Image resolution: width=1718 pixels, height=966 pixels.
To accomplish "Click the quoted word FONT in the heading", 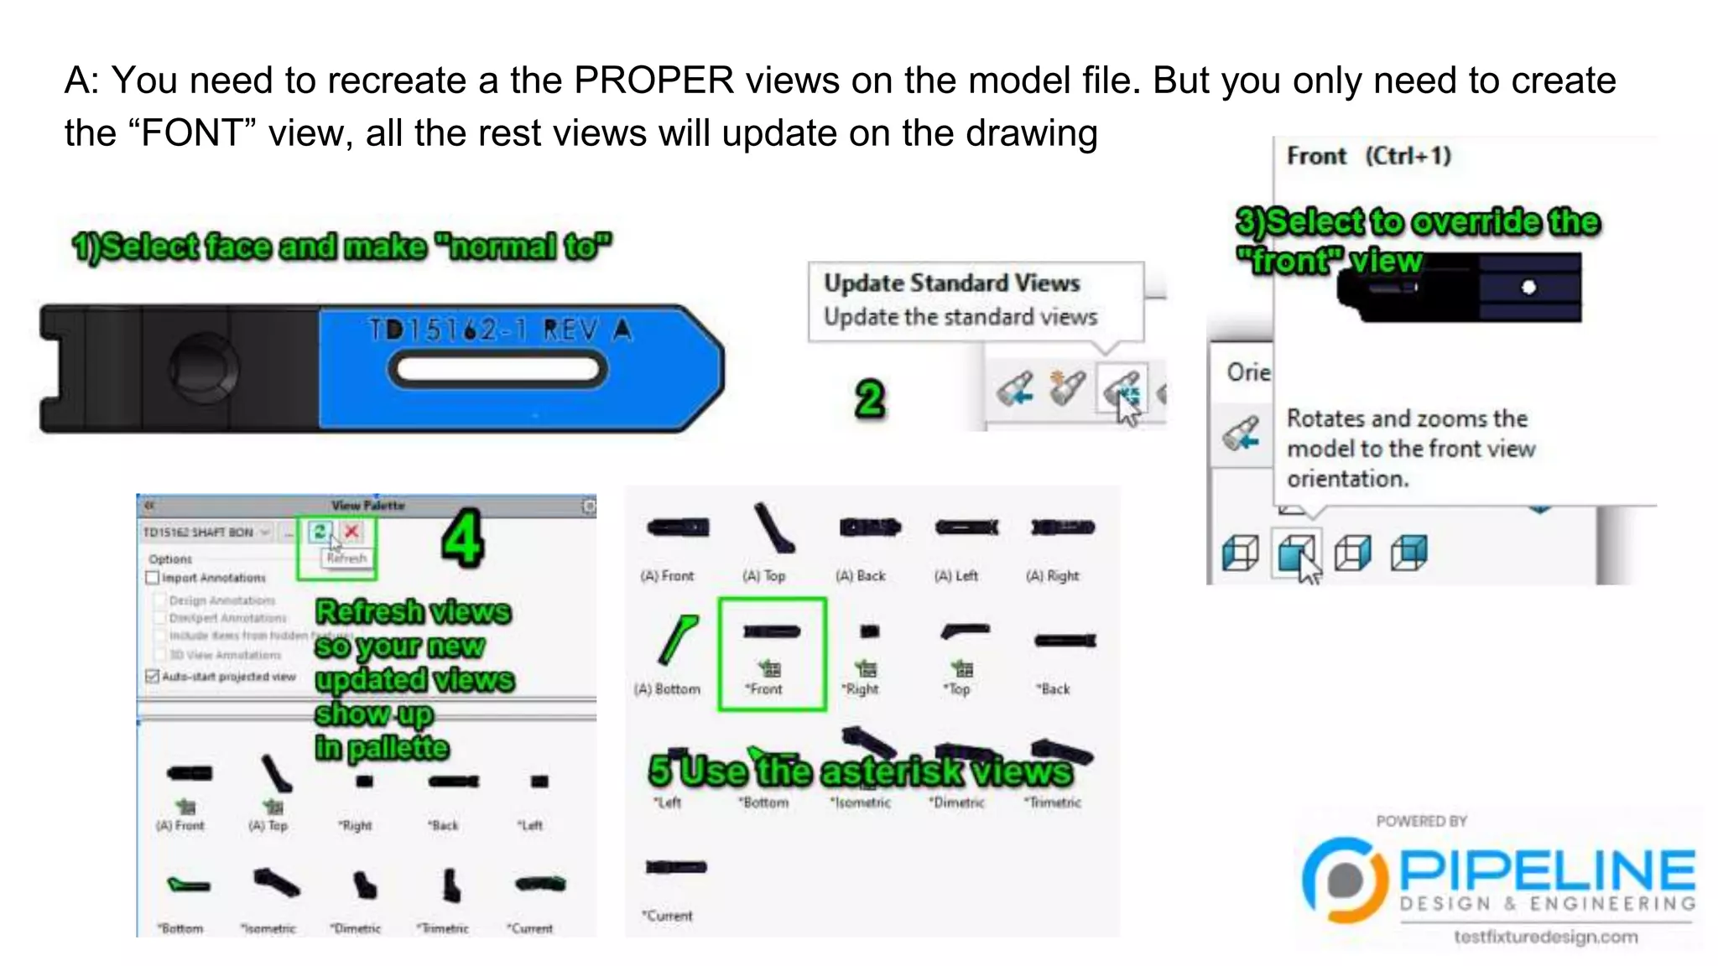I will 192,133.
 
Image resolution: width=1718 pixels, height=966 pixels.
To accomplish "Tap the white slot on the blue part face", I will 497,369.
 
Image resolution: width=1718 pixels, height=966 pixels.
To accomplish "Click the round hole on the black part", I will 203,367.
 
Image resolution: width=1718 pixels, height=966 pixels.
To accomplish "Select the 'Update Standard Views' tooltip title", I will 951,283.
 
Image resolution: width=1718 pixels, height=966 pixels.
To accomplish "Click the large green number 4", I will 462,538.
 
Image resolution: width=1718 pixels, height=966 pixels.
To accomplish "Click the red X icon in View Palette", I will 351,532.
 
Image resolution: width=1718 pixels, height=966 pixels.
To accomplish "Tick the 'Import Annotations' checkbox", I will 153,578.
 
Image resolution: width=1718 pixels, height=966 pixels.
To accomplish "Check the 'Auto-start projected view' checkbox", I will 153,676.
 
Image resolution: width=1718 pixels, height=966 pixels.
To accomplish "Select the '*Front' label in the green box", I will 764,688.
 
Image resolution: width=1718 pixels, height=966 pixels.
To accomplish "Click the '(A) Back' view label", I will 861,575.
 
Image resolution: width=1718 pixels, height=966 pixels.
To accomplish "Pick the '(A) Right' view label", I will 1053,575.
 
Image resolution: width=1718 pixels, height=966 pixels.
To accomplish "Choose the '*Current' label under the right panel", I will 668,916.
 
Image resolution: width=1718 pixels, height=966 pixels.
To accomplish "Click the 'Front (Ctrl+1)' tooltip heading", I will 1368,156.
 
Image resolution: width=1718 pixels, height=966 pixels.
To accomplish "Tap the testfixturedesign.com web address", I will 1545,937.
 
